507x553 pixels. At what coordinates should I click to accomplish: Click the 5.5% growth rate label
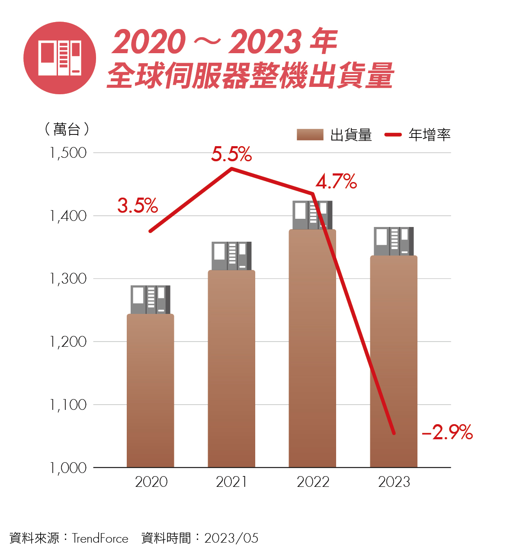[x=231, y=154]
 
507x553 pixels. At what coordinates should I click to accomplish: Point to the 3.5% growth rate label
[x=138, y=205]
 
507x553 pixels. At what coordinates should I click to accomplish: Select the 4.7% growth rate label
[x=336, y=182]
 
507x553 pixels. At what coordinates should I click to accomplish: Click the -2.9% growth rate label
[x=447, y=432]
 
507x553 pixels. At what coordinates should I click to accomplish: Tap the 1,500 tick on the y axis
[x=68, y=153]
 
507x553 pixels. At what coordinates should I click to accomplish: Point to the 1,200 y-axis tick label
[x=68, y=342]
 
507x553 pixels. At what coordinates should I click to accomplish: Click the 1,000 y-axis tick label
[x=68, y=467]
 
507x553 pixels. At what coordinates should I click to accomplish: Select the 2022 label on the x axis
[x=313, y=482]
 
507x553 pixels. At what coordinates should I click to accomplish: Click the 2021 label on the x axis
[x=231, y=482]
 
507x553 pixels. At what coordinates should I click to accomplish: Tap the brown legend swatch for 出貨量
[x=310, y=135]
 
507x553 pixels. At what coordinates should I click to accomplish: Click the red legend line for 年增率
[x=393, y=135]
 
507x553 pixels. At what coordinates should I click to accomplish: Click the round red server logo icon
[x=60, y=58]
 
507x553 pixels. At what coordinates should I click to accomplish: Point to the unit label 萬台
[x=67, y=129]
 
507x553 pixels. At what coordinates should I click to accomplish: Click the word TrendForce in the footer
[x=100, y=538]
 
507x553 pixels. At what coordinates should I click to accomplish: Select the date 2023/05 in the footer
[x=231, y=538]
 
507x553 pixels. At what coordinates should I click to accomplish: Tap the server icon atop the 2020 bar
[x=150, y=299]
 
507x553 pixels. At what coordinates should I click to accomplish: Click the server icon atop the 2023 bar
[x=394, y=241]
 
